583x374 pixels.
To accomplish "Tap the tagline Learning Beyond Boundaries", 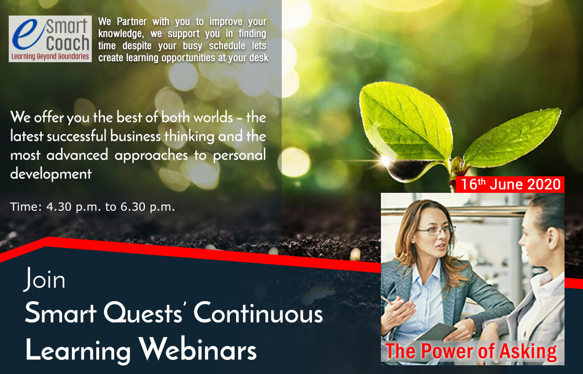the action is click(50, 56).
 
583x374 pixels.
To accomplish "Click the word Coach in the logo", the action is click(68, 43).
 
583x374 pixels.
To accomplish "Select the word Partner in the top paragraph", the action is click(132, 21).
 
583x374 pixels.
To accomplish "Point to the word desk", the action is click(258, 58).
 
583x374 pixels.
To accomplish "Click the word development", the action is click(51, 174).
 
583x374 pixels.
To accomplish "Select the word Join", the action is click(44, 279).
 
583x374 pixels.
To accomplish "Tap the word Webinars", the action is click(197, 349).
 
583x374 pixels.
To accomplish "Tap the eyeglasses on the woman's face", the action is click(437, 231).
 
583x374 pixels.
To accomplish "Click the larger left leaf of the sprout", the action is click(406, 122).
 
